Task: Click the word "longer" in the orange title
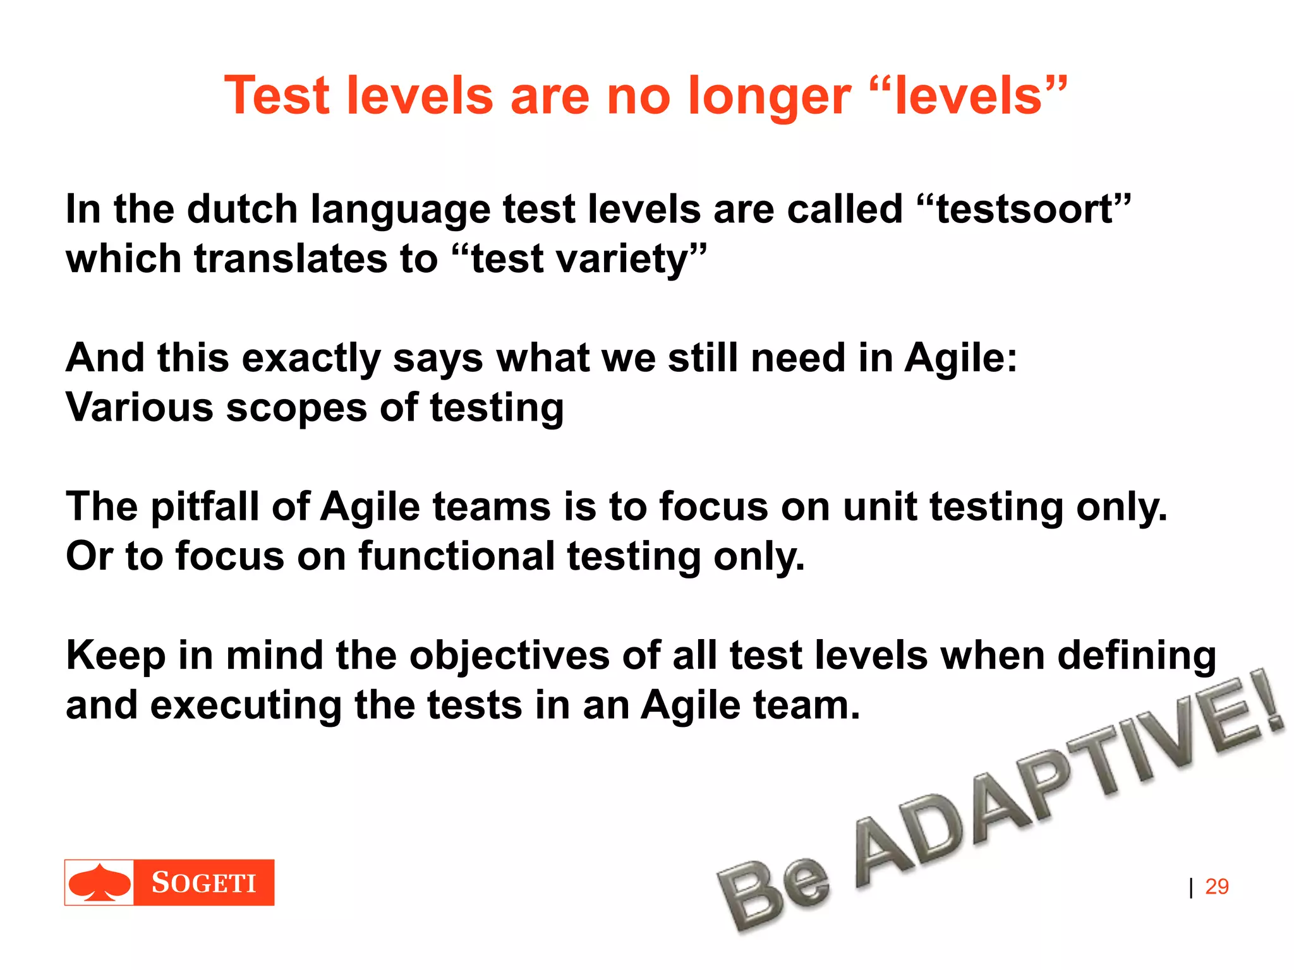point(769,97)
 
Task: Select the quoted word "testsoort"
point(1024,209)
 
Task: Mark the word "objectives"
point(509,656)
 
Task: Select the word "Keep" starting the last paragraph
point(116,656)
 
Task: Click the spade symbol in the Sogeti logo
point(100,882)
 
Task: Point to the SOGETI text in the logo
point(203,883)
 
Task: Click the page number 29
point(1216,887)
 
